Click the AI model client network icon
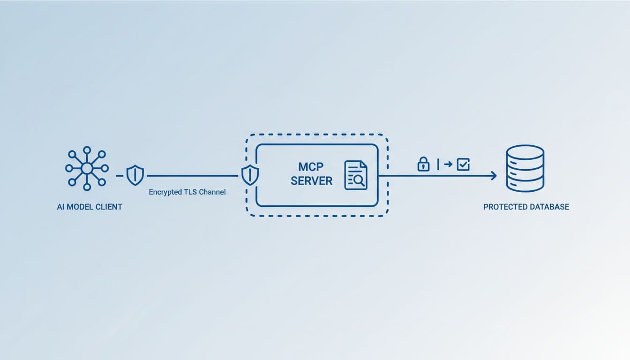[87, 168]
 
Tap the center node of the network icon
[87, 168]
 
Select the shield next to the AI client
[135, 176]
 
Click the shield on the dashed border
[249, 176]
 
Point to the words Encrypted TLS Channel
[187, 192]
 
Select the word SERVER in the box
[311, 180]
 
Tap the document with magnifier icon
[356, 175]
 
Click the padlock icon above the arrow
[423, 164]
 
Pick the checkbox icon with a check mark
[463, 164]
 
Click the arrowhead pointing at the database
[493, 176]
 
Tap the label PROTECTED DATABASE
[526, 207]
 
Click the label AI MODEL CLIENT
[90, 207]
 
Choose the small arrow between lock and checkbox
[448, 164]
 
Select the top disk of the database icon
[525, 152]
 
